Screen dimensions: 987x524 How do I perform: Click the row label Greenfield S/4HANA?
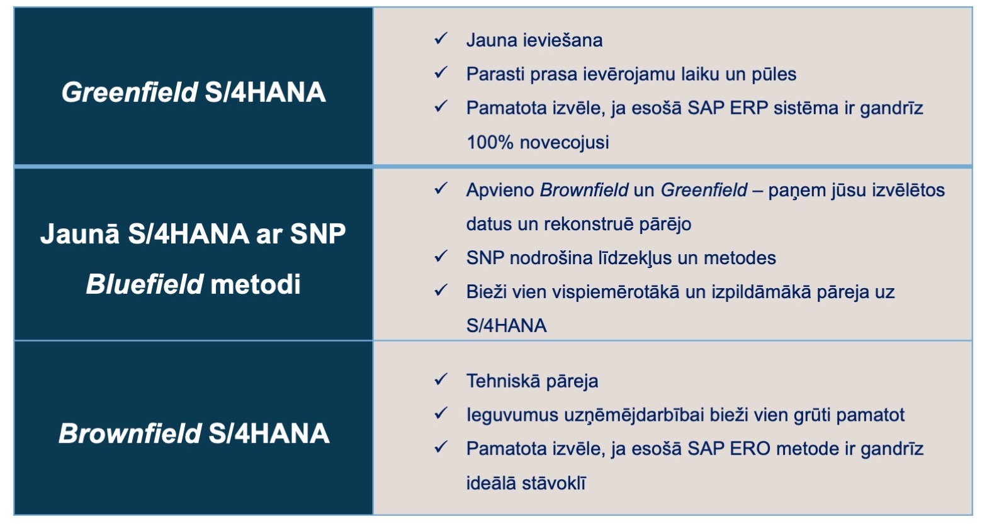(193, 92)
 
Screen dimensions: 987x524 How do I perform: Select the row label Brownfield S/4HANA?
(194, 433)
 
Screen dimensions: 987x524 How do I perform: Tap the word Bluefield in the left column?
(145, 284)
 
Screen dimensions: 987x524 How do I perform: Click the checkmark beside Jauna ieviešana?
(441, 39)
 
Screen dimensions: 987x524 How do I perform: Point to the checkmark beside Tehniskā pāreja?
(441, 379)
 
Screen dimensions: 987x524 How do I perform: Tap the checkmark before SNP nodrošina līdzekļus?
(441, 256)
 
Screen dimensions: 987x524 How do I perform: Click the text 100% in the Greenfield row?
(490, 142)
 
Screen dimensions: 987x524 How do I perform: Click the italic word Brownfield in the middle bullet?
(584, 190)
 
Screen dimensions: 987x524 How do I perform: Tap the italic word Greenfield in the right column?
(704, 190)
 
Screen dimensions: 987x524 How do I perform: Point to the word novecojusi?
(565, 143)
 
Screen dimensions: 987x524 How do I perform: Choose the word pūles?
(774, 74)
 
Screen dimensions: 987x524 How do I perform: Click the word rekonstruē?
(589, 224)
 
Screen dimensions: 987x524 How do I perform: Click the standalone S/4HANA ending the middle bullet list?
(506, 326)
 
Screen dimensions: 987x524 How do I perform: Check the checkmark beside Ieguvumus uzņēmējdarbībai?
(441, 413)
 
